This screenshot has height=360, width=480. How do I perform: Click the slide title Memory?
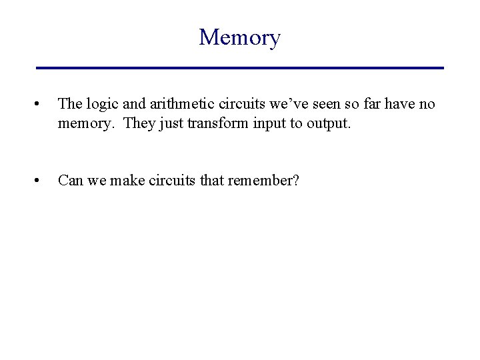(x=239, y=38)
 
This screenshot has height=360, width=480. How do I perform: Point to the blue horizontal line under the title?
(x=239, y=68)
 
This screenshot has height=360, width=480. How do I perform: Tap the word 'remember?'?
(x=271, y=180)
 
